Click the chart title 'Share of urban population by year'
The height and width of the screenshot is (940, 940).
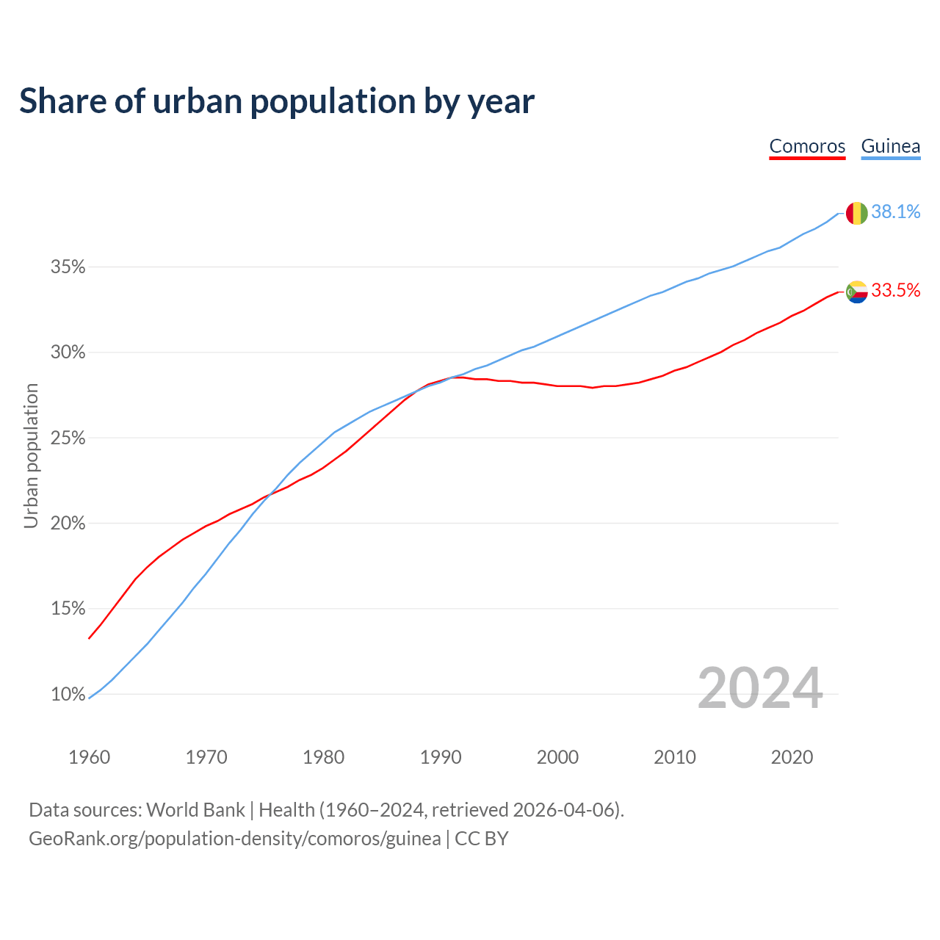277,101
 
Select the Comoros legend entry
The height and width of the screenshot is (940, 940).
807,146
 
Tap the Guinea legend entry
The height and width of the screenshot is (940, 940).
890,146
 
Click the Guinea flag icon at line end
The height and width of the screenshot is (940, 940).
857,213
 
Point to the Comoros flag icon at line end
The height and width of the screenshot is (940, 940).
857,292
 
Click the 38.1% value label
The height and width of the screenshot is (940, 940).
895,212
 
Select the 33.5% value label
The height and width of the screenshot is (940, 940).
895,291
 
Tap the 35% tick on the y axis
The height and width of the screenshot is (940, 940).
68,267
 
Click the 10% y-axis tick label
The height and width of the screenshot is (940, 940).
68,695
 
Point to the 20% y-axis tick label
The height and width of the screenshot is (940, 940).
68,524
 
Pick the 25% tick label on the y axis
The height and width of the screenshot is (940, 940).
68,438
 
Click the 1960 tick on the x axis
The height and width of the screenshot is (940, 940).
90,757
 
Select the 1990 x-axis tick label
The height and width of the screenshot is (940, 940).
441,757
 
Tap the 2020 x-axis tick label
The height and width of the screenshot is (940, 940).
792,757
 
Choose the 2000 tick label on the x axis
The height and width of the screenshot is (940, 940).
557,757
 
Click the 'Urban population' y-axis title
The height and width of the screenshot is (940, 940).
31,455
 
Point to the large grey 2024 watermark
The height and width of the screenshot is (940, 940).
760,689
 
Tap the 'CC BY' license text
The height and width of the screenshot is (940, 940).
482,839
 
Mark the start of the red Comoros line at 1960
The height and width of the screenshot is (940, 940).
90,637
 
